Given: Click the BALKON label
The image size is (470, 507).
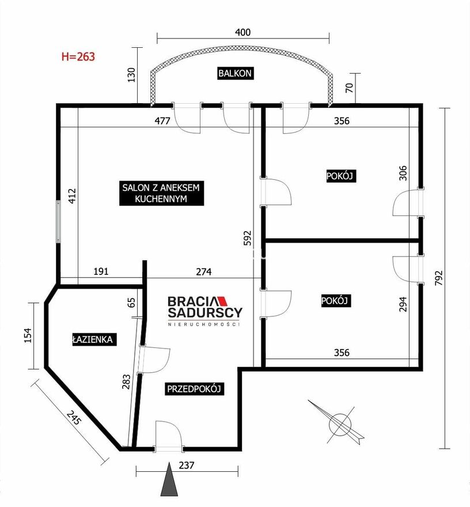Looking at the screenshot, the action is coord(234,73).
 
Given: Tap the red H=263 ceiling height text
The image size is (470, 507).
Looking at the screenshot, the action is coord(78,56).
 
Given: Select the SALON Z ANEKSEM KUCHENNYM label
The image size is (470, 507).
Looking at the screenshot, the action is coord(161,193).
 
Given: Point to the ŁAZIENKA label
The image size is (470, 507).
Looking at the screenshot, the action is coord(93,339).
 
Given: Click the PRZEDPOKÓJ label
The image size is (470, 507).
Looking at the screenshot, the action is coord(194,389).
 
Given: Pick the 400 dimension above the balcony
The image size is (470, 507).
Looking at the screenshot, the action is coord(242,32).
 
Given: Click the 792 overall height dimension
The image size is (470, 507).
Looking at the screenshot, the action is coord(438,278).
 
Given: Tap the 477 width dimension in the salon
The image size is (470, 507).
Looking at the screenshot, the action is coord(162,121).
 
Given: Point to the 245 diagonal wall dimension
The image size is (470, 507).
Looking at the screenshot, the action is coord(73,417).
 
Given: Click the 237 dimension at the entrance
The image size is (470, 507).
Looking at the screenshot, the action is coord(187,466).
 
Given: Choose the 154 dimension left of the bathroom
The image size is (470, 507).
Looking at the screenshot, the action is coord(28,335).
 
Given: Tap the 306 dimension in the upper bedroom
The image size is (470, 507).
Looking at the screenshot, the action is coord(403,173).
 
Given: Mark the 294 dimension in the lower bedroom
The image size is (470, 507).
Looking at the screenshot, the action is coord(403,304).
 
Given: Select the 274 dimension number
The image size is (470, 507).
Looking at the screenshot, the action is coord(204,272).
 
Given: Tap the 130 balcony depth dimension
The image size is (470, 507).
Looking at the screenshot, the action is coord(131,75).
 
